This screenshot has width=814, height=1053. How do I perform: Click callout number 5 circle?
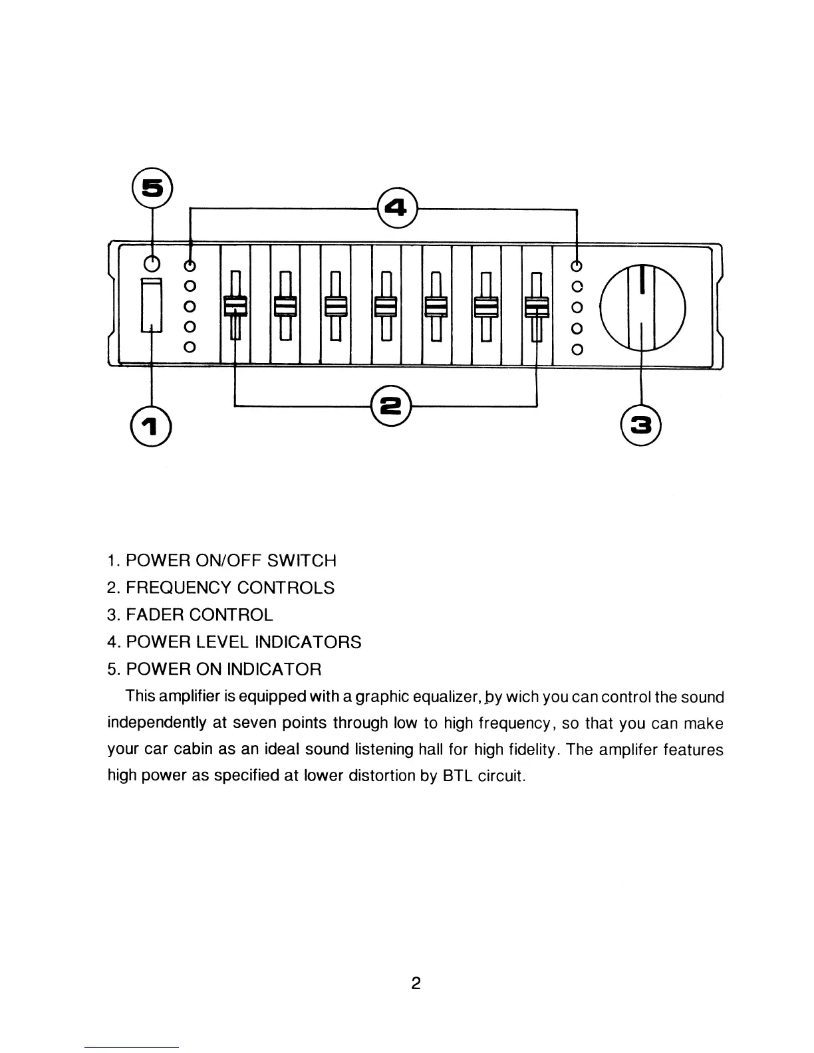pyautogui.click(x=153, y=188)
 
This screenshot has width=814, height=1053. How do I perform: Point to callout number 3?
pyautogui.click(x=640, y=425)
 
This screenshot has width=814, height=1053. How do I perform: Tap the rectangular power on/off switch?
pyautogui.click(x=152, y=305)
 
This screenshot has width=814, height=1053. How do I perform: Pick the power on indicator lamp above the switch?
pyautogui.click(x=152, y=264)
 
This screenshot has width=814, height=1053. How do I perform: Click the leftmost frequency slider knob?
pyautogui.click(x=235, y=306)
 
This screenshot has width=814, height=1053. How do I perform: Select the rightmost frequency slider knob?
pyautogui.click(x=538, y=306)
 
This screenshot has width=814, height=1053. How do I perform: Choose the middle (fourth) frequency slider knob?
pyautogui.click(x=386, y=306)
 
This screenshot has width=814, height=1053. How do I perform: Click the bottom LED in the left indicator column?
pyautogui.click(x=190, y=347)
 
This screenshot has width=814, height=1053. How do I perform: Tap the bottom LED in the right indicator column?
pyautogui.click(x=577, y=349)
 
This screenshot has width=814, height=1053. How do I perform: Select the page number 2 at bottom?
pyautogui.click(x=416, y=983)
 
